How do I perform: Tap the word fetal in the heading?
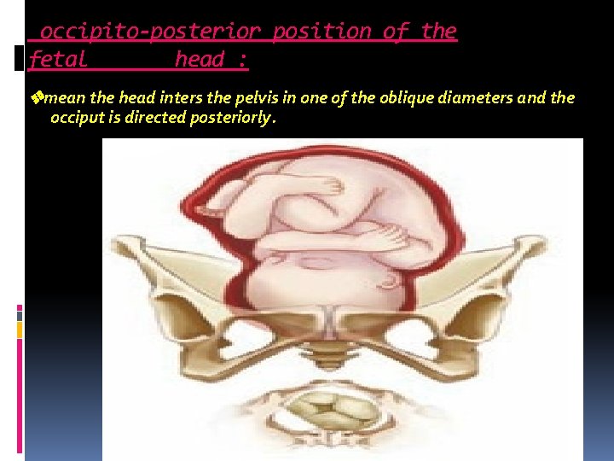click(58, 60)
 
